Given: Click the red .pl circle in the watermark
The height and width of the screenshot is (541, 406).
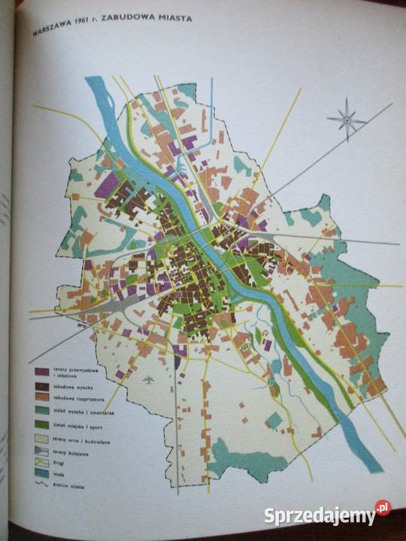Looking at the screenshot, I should (383, 508).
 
